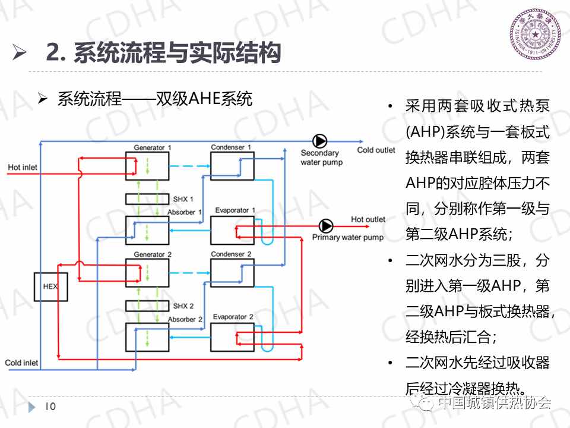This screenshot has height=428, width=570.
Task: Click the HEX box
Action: pos(50,287)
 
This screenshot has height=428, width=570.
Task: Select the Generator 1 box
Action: pos(147,166)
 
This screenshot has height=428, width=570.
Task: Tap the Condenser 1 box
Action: pos(232,166)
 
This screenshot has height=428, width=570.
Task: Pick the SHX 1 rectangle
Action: pos(147,199)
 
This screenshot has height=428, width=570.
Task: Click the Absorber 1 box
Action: pos(147,230)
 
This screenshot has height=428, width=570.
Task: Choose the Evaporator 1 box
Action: pos(232,230)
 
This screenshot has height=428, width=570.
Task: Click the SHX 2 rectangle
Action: pos(147,306)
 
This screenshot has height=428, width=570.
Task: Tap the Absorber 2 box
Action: pos(147,337)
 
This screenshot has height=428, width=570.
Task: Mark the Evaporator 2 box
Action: pos(232,337)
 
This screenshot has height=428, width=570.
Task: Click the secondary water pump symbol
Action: pos(320,141)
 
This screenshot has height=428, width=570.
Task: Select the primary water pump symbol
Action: pos(325,226)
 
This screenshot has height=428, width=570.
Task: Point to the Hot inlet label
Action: pos(23,168)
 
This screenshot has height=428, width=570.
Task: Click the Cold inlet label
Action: pos(21,363)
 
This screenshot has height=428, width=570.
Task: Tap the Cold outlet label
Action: pos(376,150)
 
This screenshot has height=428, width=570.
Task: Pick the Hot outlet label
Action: pos(368,219)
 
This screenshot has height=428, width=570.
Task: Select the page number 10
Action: pos(50,407)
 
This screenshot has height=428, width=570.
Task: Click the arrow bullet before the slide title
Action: pos(20,53)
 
